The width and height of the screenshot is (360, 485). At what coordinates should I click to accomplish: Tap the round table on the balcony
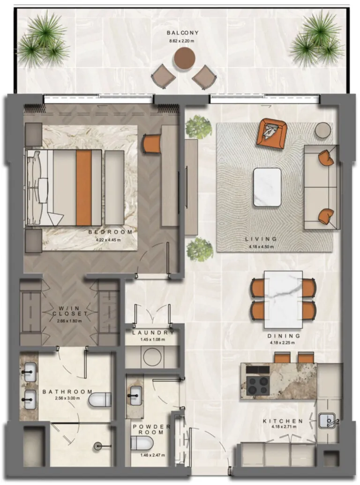(184, 59)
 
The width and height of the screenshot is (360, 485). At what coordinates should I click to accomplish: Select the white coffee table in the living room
(267, 187)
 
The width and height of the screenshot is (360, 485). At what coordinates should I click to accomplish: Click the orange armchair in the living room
(271, 133)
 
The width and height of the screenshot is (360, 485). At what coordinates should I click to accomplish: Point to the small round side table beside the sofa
(323, 130)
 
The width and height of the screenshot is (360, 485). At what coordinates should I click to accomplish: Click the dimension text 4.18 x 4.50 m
(261, 247)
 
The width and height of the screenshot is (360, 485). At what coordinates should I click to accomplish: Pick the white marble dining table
(283, 299)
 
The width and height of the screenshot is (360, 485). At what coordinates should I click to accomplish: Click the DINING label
(284, 336)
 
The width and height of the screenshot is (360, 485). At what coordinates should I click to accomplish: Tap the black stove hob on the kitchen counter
(258, 385)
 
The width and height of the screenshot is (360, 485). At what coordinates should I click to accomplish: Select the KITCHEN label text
(287, 421)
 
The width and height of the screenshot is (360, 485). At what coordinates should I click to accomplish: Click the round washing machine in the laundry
(153, 358)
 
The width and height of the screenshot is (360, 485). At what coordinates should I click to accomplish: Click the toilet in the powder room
(141, 443)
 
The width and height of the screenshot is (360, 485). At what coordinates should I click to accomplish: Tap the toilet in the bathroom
(100, 400)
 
